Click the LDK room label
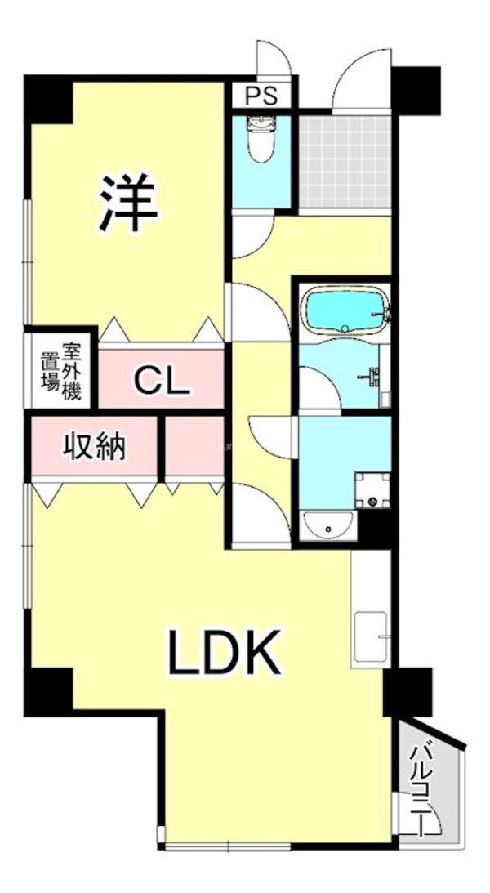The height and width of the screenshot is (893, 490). pos(225,652)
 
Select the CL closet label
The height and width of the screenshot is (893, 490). pos(162,379)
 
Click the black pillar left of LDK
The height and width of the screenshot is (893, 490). pos(48,689)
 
